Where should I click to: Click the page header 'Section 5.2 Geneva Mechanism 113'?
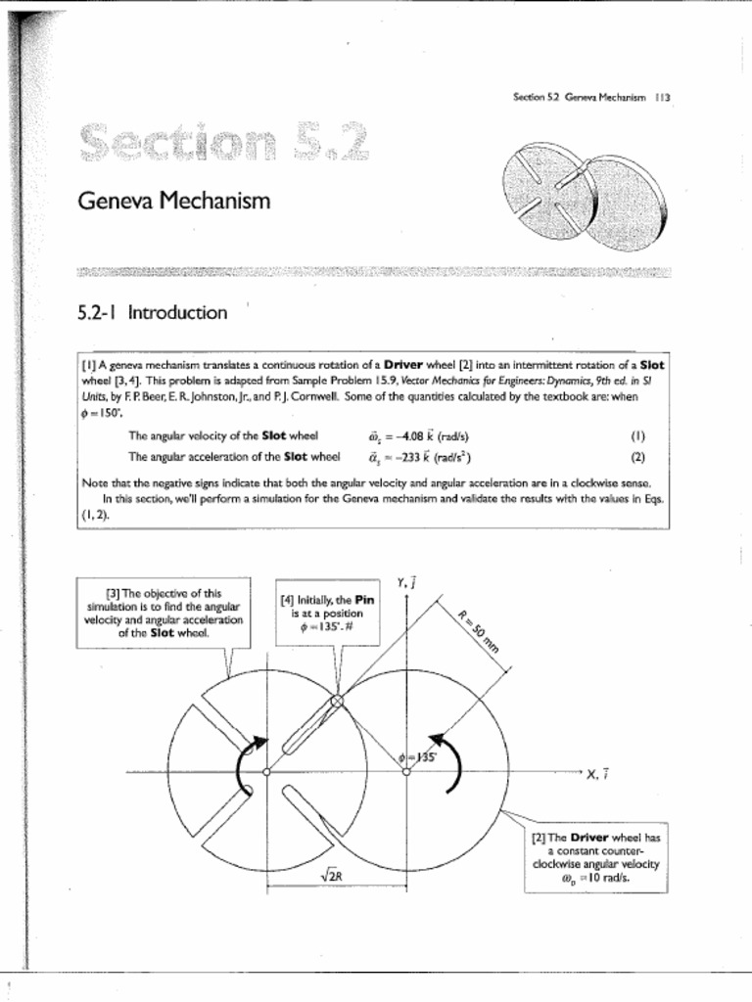click(589, 97)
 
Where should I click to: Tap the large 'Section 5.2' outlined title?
click(225, 146)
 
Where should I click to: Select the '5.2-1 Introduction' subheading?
click(152, 313)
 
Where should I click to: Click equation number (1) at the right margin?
click(637, 436)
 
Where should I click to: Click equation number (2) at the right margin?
click(637, 456)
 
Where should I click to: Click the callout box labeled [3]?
click(164, 613)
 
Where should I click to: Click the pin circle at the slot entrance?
click(337, 702)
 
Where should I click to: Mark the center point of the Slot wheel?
click(266, 772)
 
